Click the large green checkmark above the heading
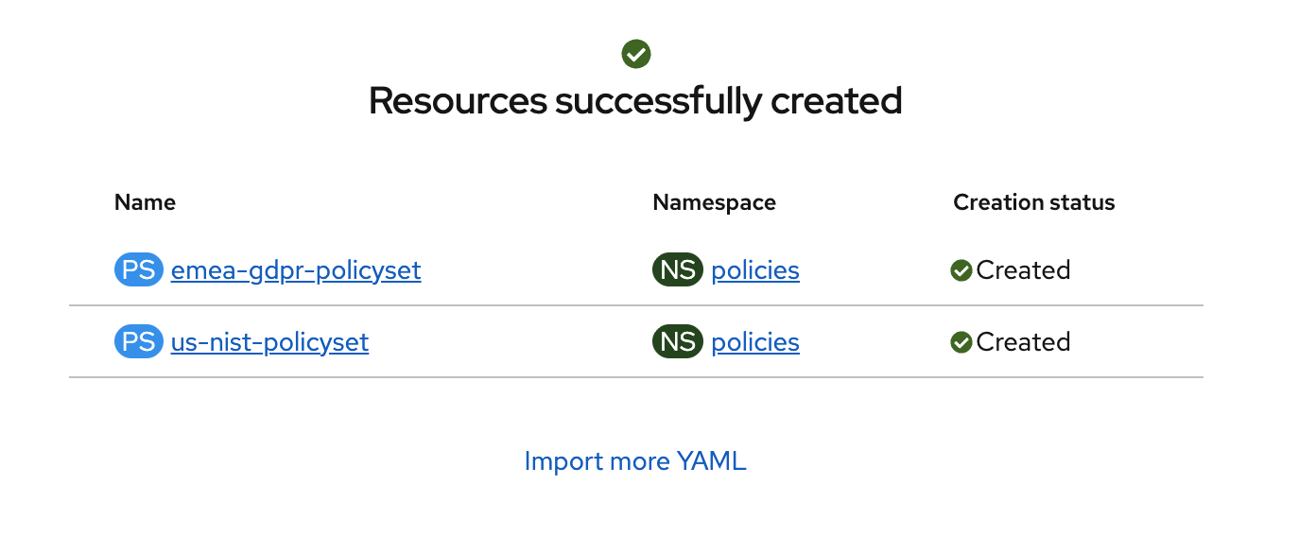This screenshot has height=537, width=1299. tap(636, 54)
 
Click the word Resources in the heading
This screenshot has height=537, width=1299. tap(458, 101)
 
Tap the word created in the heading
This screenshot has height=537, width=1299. tap(837, 101)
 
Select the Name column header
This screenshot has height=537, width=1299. tap(145, 202)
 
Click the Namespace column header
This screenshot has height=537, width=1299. tap(714, 203)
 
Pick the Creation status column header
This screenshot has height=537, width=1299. tap(1034, 202)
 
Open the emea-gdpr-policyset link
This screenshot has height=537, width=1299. tap(296, 270)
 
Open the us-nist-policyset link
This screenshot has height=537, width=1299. tap(269, 343)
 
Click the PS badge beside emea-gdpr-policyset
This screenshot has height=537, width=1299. tap(139, 269)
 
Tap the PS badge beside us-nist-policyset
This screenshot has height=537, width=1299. tap(139, 341)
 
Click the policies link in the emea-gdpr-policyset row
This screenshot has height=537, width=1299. tap(755, 270)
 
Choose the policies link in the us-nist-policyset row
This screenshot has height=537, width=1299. tap(755, 343)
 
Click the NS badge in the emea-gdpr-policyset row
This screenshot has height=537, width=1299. tap(678, 269)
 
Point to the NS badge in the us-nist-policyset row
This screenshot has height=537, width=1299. tap(678, 341)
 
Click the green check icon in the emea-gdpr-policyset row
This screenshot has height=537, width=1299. tap(961, 270)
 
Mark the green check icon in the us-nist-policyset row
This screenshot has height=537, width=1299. tap(961, 342)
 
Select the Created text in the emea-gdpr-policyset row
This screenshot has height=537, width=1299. tap(1023, 270)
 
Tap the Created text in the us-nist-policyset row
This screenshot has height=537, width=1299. tap(1023, 342)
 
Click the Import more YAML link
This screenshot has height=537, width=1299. tap(635, 461)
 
